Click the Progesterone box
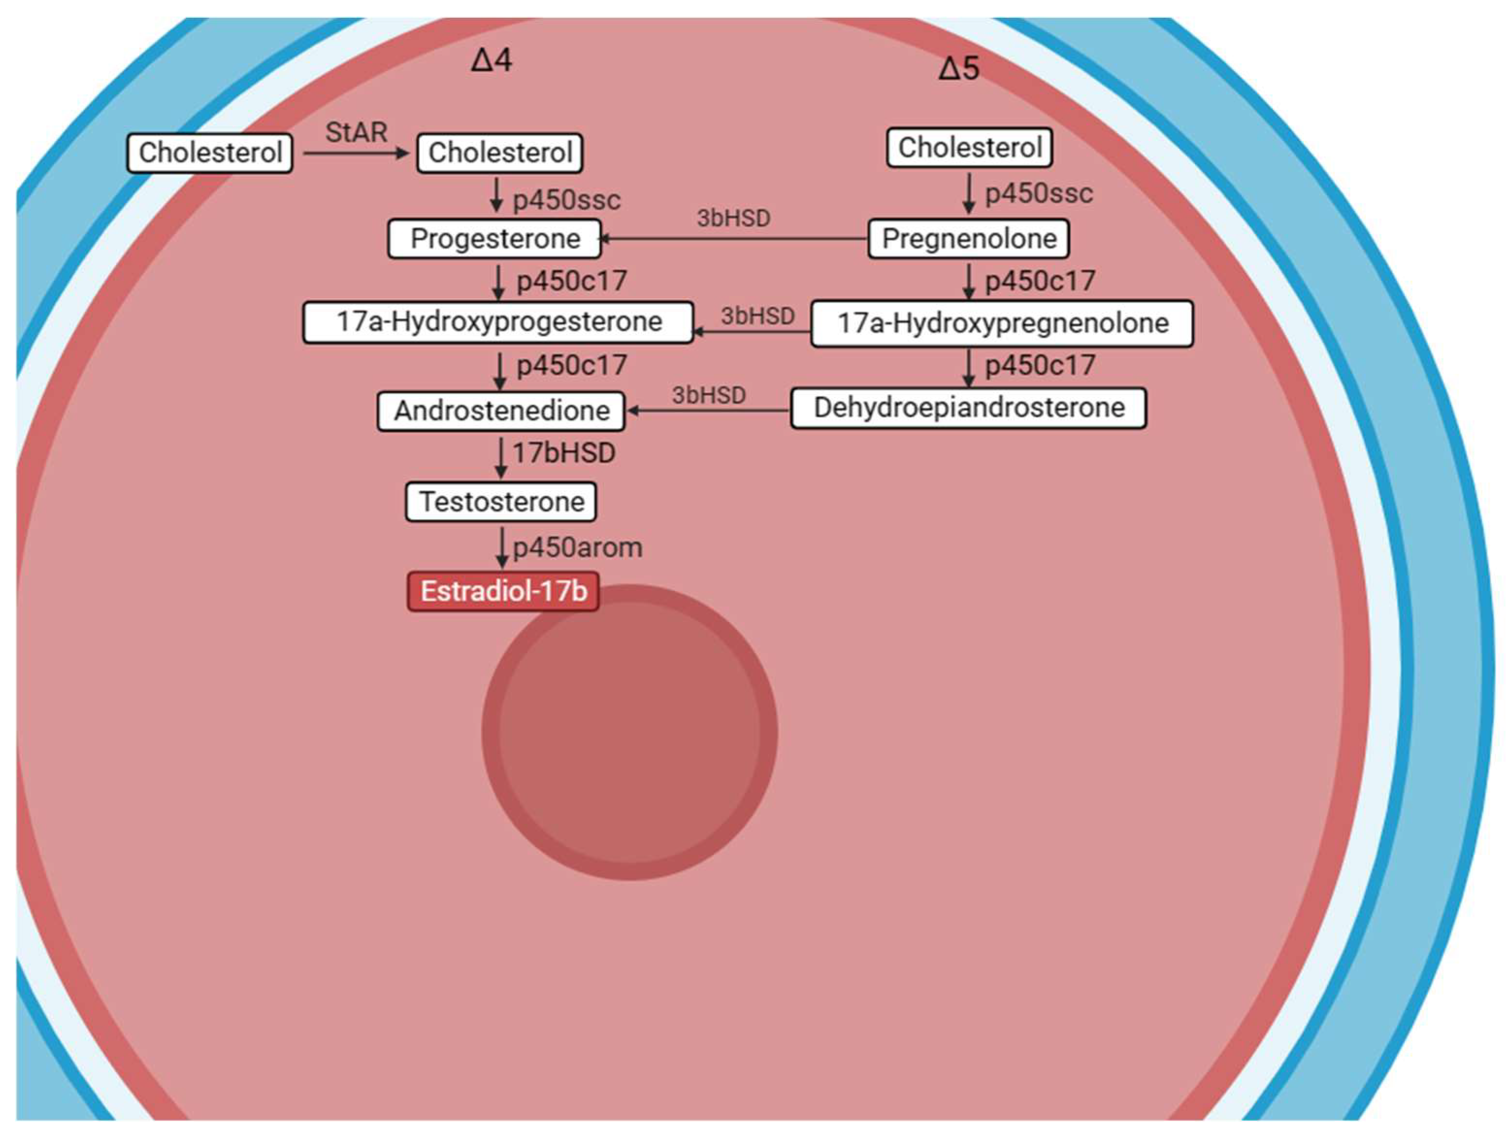[x=495, y=239]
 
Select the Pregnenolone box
[x=969, y=239]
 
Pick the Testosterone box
[x=501, y=502]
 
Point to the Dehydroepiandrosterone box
[x=969, y=408]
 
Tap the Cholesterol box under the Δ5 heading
[x=969, y=147]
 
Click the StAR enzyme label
[x=356, y=132]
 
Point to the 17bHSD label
[x=564, y=453]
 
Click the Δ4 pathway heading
[x=492, y=61]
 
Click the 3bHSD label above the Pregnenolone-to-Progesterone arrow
[x=733, y=219]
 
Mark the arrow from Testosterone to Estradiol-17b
[x=502, y=547]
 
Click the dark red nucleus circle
[x=629, y=732]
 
